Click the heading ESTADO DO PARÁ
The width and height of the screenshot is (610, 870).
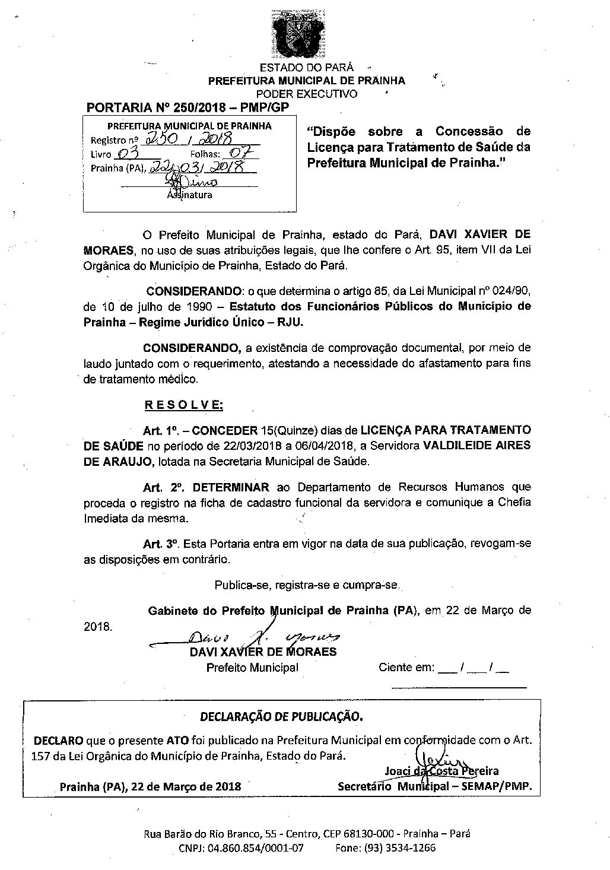[x=307, y=68]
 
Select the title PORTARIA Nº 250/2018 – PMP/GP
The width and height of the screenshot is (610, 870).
[x=188, y=108]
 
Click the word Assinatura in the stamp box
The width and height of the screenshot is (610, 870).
[x=189, y=194]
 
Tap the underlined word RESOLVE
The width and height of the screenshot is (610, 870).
[x=184, y=405]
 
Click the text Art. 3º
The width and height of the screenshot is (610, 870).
[x=161, y=544]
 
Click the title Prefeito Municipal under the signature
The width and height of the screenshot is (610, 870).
[x=252, y=668]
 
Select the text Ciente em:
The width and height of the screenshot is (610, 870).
[x=406, y=668]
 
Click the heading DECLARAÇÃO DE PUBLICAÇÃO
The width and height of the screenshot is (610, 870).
[x=281, y=716]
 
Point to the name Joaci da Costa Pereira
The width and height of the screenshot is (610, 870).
[x=441, y=771]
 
